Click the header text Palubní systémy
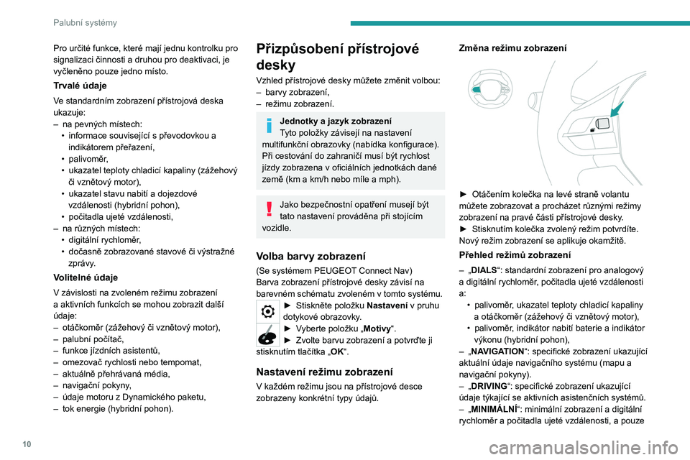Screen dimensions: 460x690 (85, 22)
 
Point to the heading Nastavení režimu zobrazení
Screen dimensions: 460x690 (324, 372)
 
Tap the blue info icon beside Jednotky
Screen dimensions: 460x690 (269, 125)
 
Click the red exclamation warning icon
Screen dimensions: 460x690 (269, 209)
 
